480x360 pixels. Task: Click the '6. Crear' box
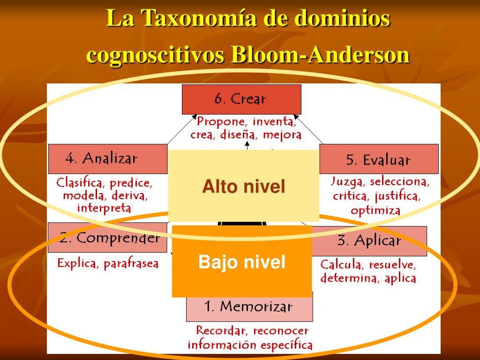[241, 99]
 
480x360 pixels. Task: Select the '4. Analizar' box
[107, 159]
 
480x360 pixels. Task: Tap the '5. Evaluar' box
[379, 159]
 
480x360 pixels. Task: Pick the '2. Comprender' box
[108, 238]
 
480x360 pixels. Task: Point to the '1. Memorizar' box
[249, 307]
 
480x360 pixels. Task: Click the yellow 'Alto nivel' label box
[243, 187]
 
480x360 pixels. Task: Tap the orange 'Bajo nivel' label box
[242, 262]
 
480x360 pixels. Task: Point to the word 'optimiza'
[375, 210]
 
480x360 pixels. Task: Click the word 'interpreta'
[104, 208]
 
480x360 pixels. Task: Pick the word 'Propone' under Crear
[221, 122]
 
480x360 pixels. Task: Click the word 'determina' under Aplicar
[350, 278]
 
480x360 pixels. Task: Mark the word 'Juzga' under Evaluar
[347, 181]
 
